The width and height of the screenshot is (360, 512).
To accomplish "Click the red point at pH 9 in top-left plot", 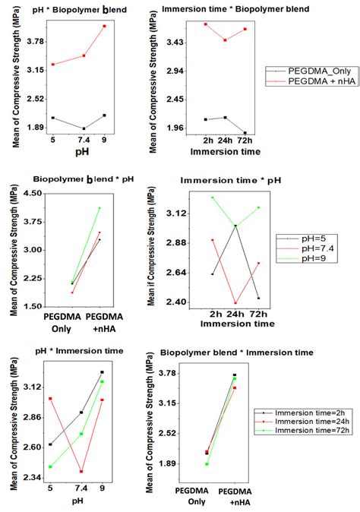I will tap(105, 27).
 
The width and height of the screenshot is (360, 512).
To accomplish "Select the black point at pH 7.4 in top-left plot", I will tap(84, 129).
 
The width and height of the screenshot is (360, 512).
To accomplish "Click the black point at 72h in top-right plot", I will tap(245, 133).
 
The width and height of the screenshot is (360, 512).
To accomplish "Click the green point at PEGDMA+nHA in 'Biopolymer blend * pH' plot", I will tap(99, 207).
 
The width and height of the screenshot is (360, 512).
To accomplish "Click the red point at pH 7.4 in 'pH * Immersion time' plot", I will tap(81, 471).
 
